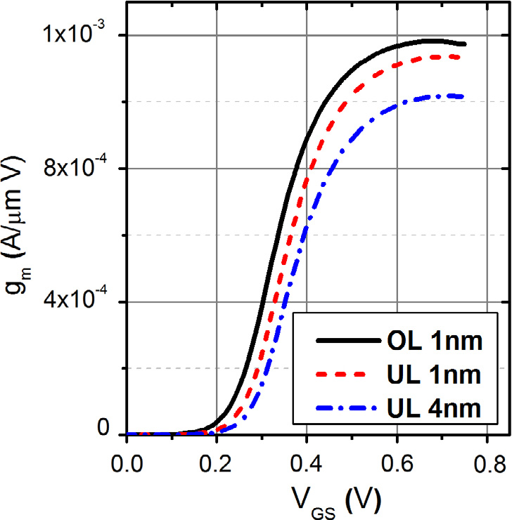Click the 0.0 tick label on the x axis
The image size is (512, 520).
[x=127, y=464]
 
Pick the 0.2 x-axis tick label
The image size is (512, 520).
[x=217, y=464]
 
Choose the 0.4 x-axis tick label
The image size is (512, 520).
[x=307, y=464]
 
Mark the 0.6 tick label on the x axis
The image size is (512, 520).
[x=397, y=464]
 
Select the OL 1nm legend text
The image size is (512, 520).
[x=434, y=342]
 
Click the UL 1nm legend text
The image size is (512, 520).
[x=434, y=375]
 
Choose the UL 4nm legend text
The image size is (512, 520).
[x=434, y=408]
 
